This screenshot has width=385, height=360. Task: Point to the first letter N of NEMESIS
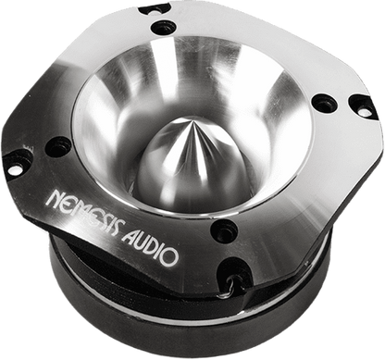coord(53,198)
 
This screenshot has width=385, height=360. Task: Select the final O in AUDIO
coord(169,256)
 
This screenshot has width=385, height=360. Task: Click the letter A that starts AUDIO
coord(128,237)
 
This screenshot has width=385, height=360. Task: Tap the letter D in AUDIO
coord(152,250)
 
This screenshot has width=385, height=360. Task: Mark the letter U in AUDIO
coord(141,244)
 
